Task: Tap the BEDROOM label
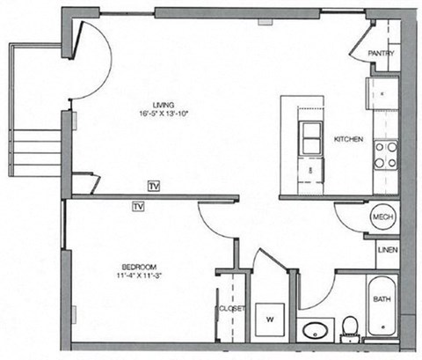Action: [x=139, y=266]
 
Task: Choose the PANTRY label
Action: [x=381, y=54]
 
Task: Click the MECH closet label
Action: [x=382, y=217]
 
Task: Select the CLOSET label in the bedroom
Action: [x=231, y=310]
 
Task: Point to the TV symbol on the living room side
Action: [x=155, y=186]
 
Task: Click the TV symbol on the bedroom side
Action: [x=137, y=207]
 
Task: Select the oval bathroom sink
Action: [x=314, y=332]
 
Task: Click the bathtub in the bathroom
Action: [x=382, y=307]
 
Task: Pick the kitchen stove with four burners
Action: [x=384, y=156]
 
